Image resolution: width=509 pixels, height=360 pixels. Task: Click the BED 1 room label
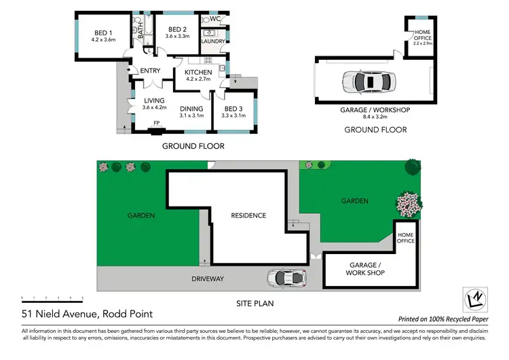pyautogui.click(x=104, y=35)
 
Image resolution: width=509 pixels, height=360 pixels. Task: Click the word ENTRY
pyautogui.click(x=150, y=71)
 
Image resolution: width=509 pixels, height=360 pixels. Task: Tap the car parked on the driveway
pyautogui.click(x=286, y=278)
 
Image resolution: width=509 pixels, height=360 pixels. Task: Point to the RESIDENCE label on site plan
pyautogui.click(x=248, y=215)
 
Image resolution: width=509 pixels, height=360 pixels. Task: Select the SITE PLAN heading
pyautogui.click(x=254, y=304)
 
